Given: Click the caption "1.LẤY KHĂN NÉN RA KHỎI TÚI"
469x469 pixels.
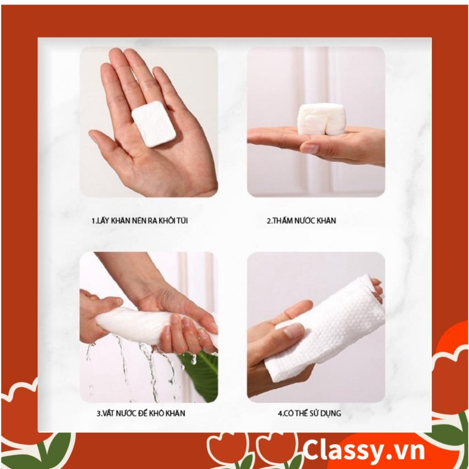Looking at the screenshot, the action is (140, 221).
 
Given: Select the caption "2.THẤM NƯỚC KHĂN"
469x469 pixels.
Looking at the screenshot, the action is (301, 221).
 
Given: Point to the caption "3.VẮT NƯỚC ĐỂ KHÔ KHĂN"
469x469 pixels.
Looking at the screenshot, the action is (141, 414).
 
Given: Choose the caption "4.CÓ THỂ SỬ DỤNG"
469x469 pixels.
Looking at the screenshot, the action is (309, 414).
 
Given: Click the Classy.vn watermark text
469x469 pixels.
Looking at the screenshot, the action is (364, 451).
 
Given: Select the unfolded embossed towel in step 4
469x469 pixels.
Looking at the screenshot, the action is (325, 326).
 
